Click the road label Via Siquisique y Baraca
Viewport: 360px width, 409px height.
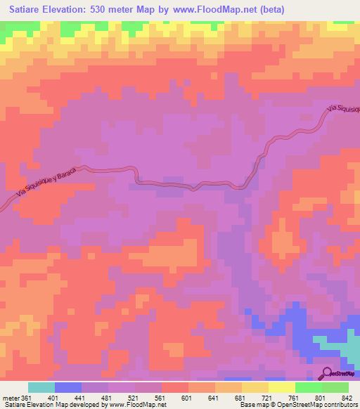click(x=47, y=184)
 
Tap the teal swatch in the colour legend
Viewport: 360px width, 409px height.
click(x=41, y=388)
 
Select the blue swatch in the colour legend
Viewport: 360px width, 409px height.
click(x=68, y=388)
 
